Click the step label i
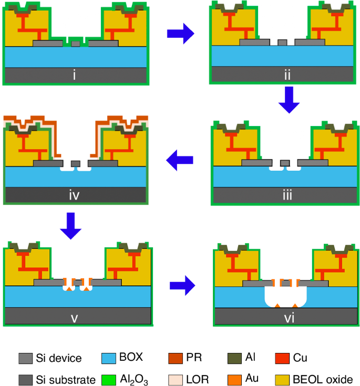(75, 75)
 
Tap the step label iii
(287, 196)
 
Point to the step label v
(76, 316)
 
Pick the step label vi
(286, 316)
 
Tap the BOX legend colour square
(108, 359)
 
